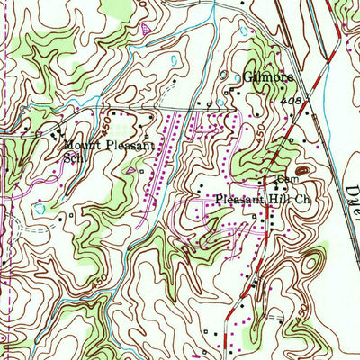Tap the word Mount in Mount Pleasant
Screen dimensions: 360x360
click(x=78, y=144)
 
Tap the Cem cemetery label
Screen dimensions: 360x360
click(x=275, y=175)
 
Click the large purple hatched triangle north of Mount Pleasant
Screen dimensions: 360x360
click(x=145, y=30)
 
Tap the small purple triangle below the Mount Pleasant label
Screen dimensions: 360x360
click(x=133, y=168)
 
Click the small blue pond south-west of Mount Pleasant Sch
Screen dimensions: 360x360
click(x=38, y=209)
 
